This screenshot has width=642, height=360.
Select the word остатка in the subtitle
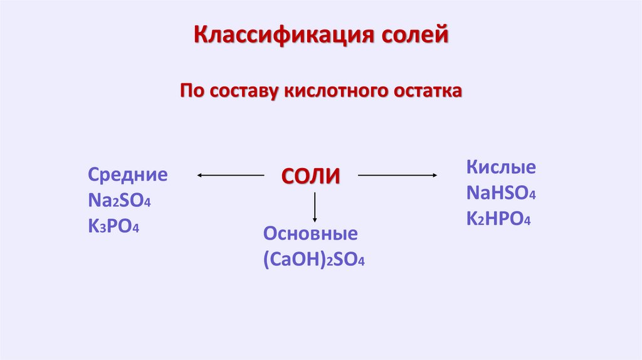pos(428,92)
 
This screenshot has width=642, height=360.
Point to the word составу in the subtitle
pos(243,92)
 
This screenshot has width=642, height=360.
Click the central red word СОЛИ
pos(310,176)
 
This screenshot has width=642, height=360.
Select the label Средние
pos(128,174)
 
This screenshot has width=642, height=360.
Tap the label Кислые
pos(501,167)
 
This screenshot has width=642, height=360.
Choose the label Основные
pos(310,234)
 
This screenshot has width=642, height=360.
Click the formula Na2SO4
pos(120,201)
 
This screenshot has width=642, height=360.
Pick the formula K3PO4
pos(113,226)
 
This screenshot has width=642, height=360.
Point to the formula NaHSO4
pos(501,193)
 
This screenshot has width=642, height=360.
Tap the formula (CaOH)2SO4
pos(314,260)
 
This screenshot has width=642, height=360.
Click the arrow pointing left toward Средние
pos(230,176)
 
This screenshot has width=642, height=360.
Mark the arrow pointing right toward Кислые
pos(397,176)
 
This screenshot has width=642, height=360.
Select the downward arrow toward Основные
pos(315,208)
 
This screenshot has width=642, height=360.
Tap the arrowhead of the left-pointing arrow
pos(199,176)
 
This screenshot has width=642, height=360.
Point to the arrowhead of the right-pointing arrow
pos(433,176)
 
